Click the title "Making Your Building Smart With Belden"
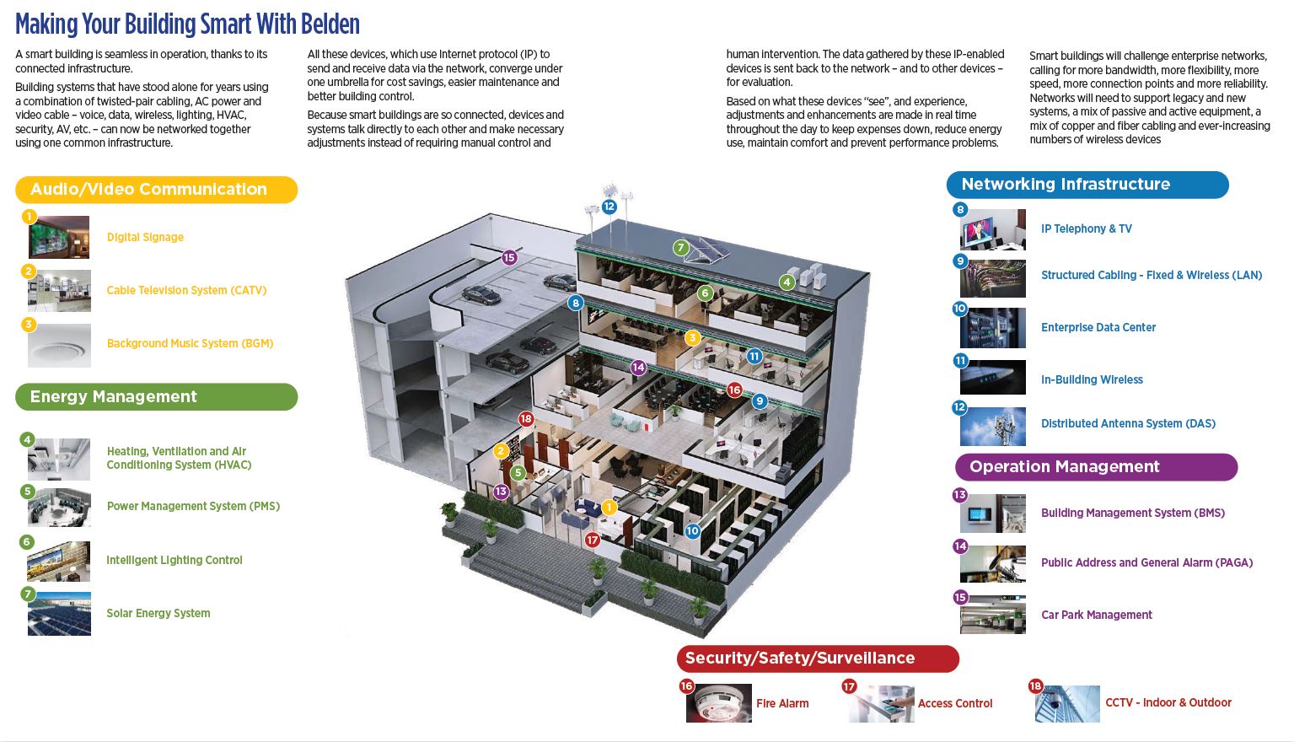click(187, 24)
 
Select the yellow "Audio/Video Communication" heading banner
click(156, 190)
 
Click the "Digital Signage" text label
click(145, 238)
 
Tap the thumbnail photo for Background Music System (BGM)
click(59, 345)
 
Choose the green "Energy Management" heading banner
click(156, 397)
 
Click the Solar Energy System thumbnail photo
click(59, 614)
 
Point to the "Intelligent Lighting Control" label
click(175, 561)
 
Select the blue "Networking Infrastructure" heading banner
click(1087, 185)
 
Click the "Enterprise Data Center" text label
click(1098, 328)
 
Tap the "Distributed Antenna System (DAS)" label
click(1128, 424)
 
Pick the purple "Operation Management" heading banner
click(1095, 467)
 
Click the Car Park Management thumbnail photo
click(993, 615)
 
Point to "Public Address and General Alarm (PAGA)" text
click(1146, 563)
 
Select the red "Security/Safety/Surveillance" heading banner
click(817, 659)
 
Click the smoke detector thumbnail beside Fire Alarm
click(719, 703)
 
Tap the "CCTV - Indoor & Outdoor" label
click(1168, 703)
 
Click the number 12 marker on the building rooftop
click(609, 207)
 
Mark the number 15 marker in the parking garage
click(509, 258)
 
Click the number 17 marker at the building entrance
click(593, 540)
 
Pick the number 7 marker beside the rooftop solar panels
click(681, 248)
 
